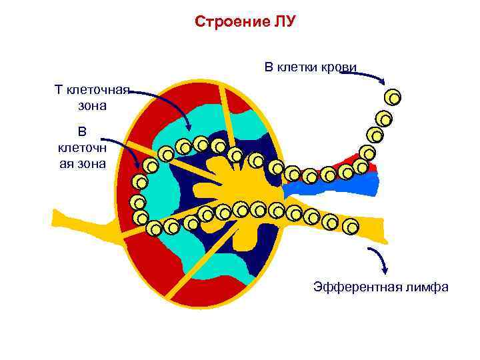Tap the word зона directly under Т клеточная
(x=87, y=105)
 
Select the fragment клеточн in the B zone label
(x=82, y=147)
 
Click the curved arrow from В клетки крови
(x=363, y=75)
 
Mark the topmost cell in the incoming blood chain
(x=393, y=98)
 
